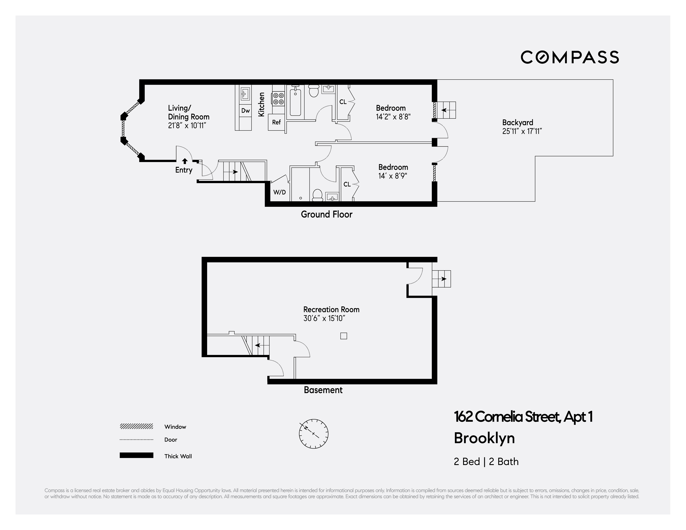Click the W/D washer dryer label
pyautogui.click(x=279, y=192)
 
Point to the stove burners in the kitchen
pyautogui.click(x=278, y=98)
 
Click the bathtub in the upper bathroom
pyautogui.click(x=295, y=102)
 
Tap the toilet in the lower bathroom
pyautogui.click(x=318, y=195)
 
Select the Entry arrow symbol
pyautogui.click(x=185, y=161)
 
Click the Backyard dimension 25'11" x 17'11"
pyautogui.click(x=522, y=131)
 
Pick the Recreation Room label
pyautogui.click(x=331, y=309)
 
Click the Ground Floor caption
pyautogui.click(x=326, y=214)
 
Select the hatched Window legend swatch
pyautogui.click(x=136, y=426)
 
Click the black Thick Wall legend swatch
pyautogui.click(x=136, y=455)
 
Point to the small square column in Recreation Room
pyautogui.click(x=344, y=336)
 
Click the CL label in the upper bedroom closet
pyautogui.click(x=343, y=102)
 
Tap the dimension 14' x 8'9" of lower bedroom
pyautogui.click(x=393, y=176)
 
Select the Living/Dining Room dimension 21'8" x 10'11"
pyautogui.click(x=187, y=126)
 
